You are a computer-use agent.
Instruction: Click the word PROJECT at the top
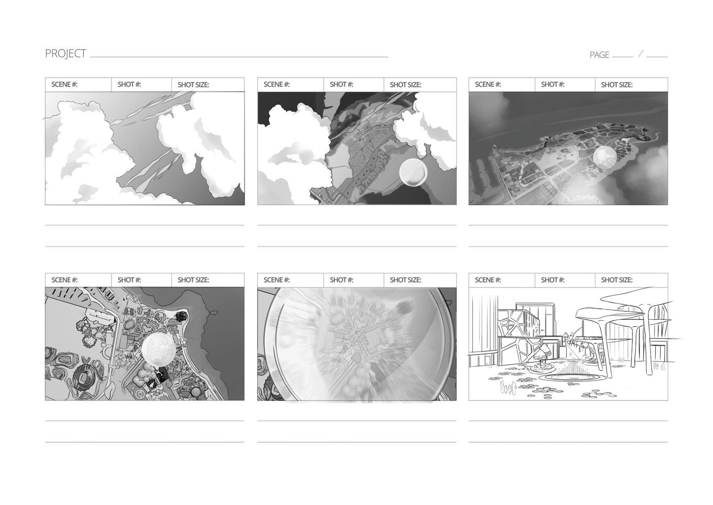(66, 54)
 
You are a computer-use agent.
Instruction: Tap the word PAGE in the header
(599, 55)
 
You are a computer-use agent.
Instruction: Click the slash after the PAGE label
(640, 54)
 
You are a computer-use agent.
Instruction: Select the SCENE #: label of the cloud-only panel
(64, 84)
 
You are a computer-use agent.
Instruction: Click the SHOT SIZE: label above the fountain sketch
(617, 280)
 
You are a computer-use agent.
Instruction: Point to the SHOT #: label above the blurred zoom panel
(341, 280)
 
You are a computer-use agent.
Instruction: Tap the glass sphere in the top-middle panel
(413, 172)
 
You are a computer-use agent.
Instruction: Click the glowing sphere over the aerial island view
(605, 157)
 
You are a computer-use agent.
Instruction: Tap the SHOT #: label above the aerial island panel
(553, 84)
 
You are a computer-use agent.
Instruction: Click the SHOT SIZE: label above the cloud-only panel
(193, 85)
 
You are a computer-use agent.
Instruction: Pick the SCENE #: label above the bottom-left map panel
(64, 280)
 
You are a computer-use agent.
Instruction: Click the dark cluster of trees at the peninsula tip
(182, 316)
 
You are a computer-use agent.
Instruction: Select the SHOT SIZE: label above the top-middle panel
(405, 85)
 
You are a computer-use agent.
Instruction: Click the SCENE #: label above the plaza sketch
(488, 280)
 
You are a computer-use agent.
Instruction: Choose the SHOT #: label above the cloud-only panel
(129, 84)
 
